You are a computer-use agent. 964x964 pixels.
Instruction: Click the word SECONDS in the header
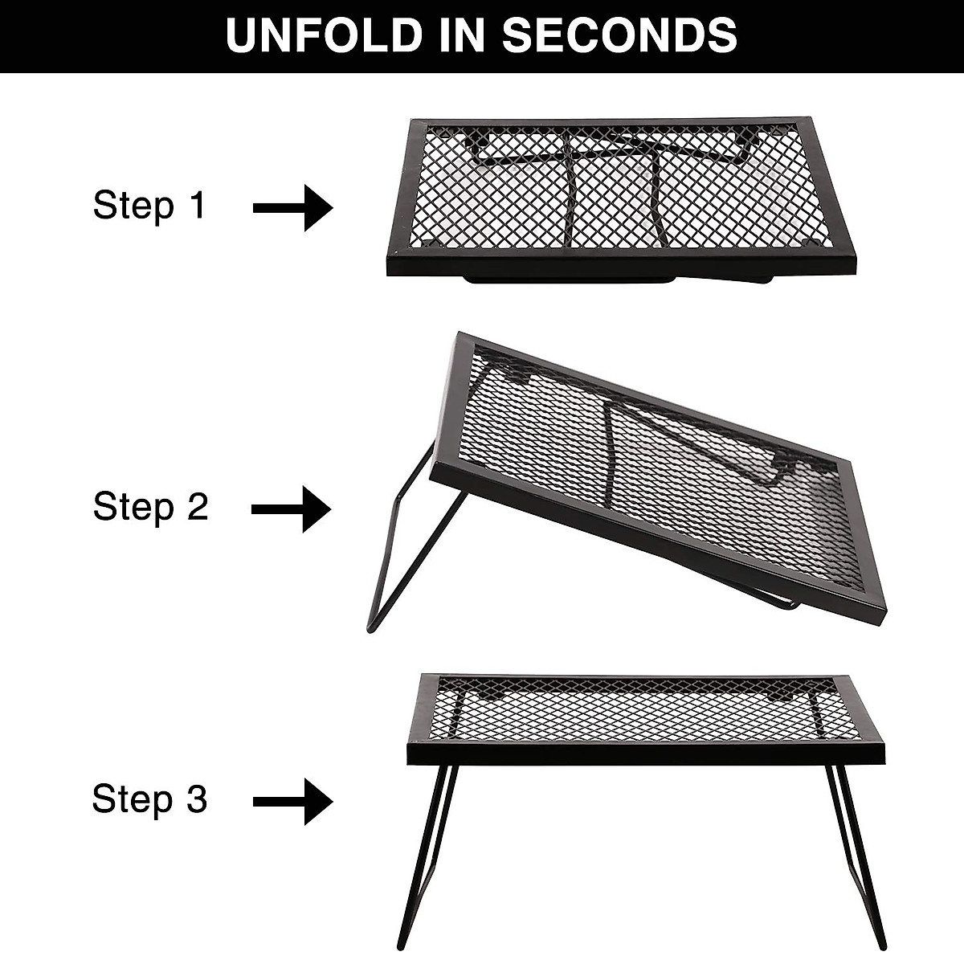tap(619, 36)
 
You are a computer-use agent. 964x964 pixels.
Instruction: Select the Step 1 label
tap(149, 206)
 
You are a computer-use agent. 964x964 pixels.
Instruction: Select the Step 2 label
tap(150, 508)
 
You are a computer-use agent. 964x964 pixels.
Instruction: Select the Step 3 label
tap(149, 800)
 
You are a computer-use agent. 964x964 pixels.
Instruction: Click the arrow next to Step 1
tap(292, 209)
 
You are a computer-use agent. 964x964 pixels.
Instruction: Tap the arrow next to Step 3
tap(292, 801)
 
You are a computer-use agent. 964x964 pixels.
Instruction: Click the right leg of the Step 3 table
tap(858, 860)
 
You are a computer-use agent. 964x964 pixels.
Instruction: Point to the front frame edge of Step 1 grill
tap(619, 263)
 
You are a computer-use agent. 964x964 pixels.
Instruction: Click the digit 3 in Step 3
tap(197, 800)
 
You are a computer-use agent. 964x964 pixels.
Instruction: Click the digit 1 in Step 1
tap(197, 206)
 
